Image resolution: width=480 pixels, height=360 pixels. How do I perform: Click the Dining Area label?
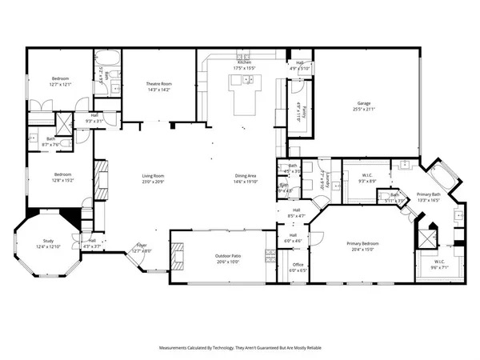(x=245, y=176)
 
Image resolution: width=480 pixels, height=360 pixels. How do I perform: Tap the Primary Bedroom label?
(x=362, y=243)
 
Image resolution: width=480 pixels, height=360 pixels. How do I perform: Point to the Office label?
(x=297, y=264)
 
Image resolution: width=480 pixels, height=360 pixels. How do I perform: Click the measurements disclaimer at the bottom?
(x=240, y=348)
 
